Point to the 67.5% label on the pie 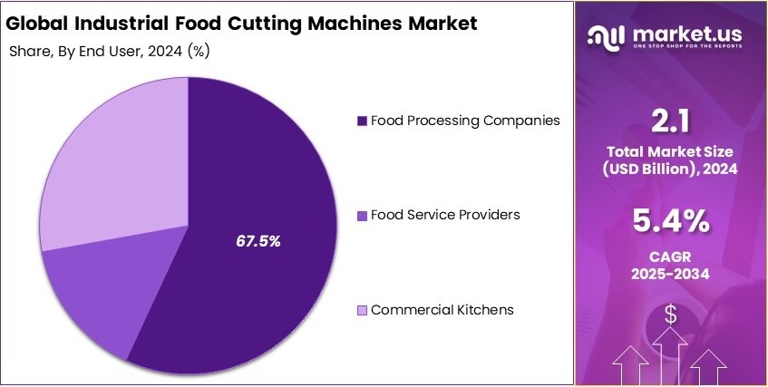click(x=258, y=241)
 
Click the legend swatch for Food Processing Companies click(x=363, y=121)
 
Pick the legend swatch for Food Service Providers click(x=363, y=215)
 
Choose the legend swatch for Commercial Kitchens click(x=363, y=310)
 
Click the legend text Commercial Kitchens click(x=442, y=310)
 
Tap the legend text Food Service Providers click(x=445, y=215)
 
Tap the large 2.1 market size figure click(x=672, y=121)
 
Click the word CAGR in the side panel click(x=672, y=256)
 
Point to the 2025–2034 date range click(x=672, y=274)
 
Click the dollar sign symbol click(x=671, y=314)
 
